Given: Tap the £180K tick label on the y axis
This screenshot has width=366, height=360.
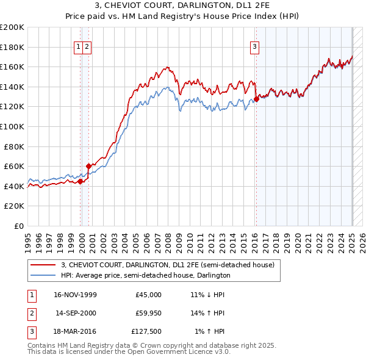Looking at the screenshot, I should pos(12,47).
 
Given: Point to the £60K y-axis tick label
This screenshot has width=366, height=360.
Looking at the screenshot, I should pos(14,166).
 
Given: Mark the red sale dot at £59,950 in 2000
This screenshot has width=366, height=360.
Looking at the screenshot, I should pos(89,166).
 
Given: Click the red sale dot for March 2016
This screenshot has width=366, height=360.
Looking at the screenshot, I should pos(257,99).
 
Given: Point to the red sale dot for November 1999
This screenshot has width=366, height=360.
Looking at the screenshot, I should pos(81,181).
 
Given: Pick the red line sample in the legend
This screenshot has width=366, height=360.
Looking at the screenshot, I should pos(43,265).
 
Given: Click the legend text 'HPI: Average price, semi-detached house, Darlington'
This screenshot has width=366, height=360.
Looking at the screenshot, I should pos(145,275).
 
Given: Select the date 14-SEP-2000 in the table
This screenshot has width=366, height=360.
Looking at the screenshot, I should pos(76,313).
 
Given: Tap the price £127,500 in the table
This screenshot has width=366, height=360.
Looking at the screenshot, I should pos(146,332).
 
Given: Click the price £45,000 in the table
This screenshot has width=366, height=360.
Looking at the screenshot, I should pos(148,294).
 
